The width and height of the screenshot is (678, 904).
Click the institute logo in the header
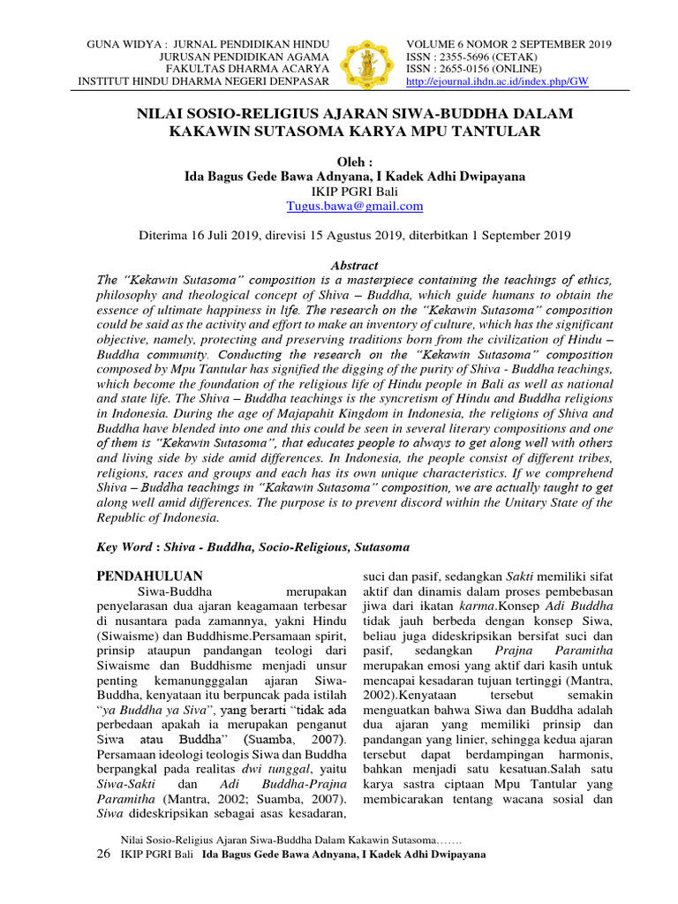point(366,62)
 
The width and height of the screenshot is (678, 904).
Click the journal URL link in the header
point(497,82)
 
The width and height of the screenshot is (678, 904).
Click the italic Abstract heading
point(353,265)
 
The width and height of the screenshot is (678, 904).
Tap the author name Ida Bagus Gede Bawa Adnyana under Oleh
point(270,176)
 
